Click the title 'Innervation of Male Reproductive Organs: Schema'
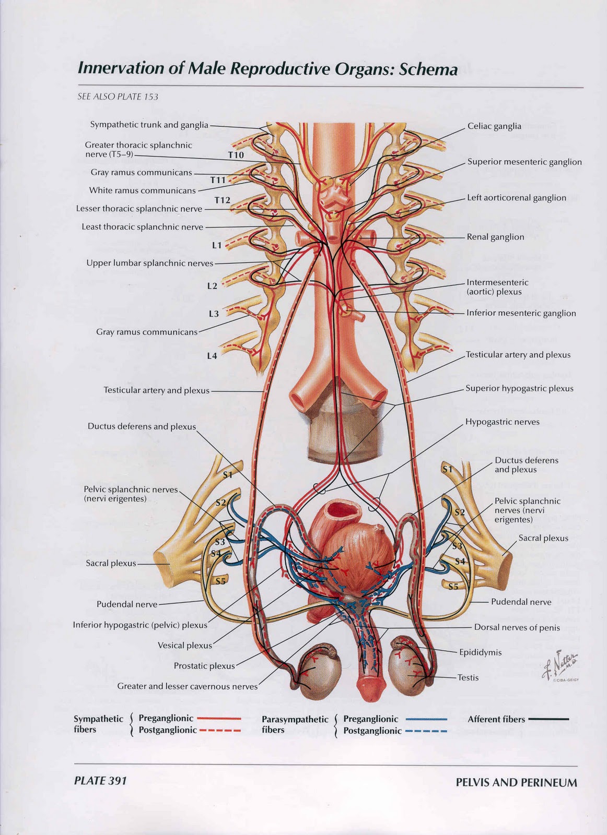point(267,69)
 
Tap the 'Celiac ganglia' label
point(494,126)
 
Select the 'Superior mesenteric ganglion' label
point(524,162)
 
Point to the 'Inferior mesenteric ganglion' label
point(521,313)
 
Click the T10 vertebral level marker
point(236,155)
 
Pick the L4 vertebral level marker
point(212,356)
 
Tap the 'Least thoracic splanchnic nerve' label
point(142,227)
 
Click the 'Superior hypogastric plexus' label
point(519,388)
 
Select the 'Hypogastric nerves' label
point(502,422)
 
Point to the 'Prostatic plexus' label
point(204,666)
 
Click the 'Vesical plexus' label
point(185,646)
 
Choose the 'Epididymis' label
point(480,652)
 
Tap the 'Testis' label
point(468,677)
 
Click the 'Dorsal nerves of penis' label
point(517,627)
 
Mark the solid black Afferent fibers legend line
point(548,719)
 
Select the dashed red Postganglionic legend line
point(220,731)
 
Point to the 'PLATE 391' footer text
point(100,781)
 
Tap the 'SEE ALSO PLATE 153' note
point(118,97)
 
